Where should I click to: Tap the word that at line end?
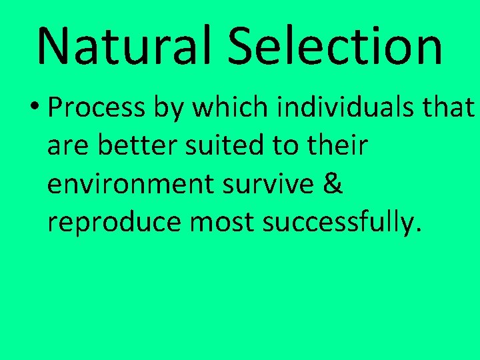pos(453,107)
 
